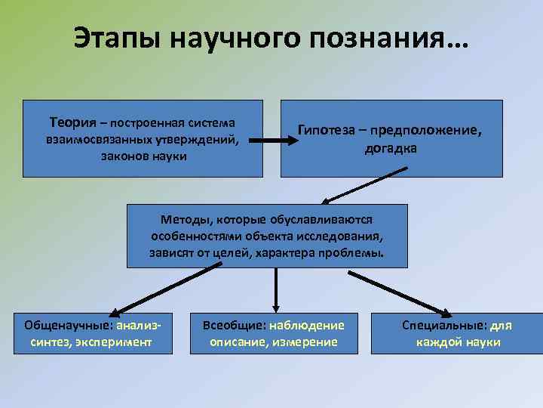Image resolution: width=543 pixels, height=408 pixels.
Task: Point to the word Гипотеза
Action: click(327, 131)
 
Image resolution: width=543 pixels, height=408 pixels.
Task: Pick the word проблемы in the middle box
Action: click(354, 254)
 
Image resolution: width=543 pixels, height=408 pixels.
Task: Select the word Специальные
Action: click(443, 326)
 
